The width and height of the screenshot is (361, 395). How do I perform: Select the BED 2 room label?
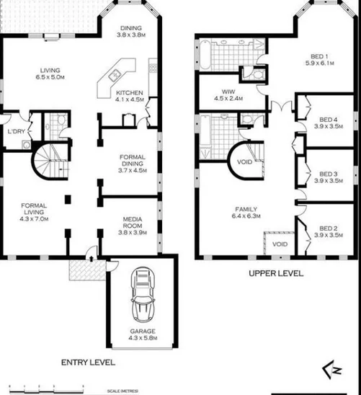click(329, 231)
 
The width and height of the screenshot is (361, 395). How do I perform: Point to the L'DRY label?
click(16, 132)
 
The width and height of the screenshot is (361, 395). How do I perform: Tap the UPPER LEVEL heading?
click(276, 273)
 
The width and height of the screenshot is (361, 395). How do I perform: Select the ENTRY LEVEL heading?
click(87, 362)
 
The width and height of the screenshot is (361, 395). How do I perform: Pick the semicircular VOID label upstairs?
click(244, 161)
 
